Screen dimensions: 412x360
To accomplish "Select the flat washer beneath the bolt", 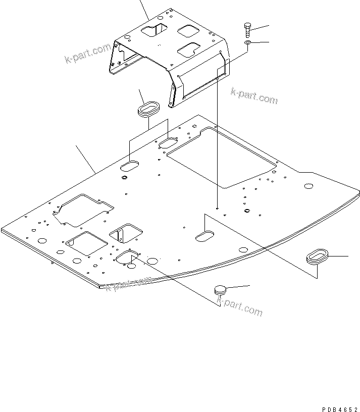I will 247,44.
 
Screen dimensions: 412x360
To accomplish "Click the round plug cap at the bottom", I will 221,290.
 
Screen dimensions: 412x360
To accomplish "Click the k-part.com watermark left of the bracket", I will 87,54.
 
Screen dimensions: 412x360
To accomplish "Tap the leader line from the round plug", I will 240,287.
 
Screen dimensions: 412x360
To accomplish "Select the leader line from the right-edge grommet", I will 339,256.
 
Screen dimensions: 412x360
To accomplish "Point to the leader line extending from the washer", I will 261,42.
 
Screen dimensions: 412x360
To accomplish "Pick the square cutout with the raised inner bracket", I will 126,233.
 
